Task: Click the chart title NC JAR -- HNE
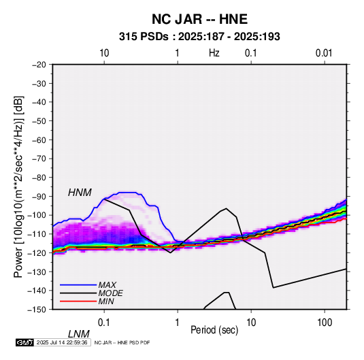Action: (199, 19)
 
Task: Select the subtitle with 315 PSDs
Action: (199, 37)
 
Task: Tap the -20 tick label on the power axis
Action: (39, 65)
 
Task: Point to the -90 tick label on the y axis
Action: (39, 197)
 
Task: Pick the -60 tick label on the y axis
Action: (39, 140)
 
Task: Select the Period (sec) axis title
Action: (214, 330)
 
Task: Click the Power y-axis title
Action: (18, 186)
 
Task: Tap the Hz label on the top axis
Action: (214, 53)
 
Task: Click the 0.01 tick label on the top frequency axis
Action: (324, 53)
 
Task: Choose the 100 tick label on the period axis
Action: (325, 323)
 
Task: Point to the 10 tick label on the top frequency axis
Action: (104, 53)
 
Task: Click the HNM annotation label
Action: (80, 193)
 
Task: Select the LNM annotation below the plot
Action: (78, 334)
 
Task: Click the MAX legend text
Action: (107, 284)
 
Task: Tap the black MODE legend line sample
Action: (78, 293)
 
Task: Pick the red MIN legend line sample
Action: (78, 301)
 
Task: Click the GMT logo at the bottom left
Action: (24, 342)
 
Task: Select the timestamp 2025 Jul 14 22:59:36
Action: (62, 342)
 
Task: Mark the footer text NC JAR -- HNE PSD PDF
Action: (122, 342)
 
